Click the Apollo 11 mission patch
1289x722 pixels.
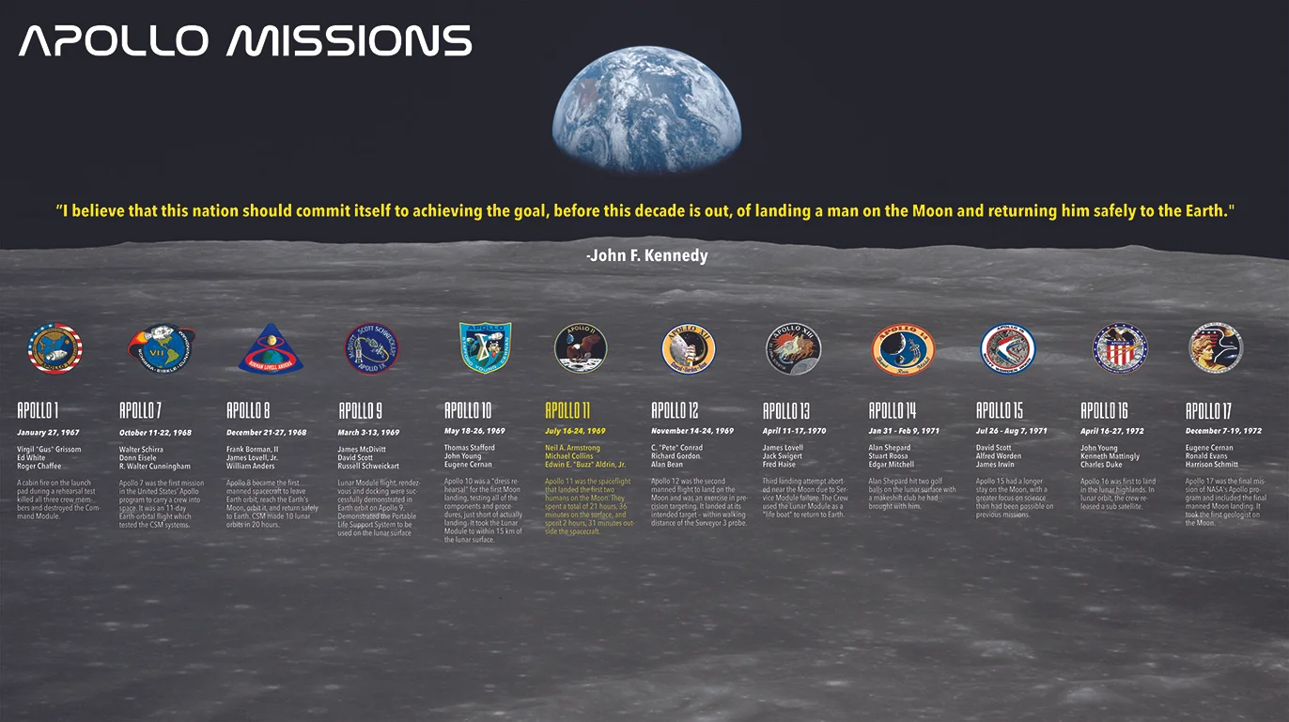[581, 347]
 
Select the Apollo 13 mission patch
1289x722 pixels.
[793, 348]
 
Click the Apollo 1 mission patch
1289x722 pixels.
[55, 348]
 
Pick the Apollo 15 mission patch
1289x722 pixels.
[1007, 348]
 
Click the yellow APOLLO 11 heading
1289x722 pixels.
[567, 410]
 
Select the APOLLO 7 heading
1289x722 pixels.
[140, 410]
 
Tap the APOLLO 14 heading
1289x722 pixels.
[892, 410]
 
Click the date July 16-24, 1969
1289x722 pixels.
[575, 431]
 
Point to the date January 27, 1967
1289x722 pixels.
[48, 433]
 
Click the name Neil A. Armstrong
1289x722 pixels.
[572, 449]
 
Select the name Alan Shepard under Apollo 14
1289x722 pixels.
[890, 449]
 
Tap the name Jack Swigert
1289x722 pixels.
[782, 456]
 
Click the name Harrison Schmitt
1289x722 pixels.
[1213, 464]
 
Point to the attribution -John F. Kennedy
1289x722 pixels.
[646, 255]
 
